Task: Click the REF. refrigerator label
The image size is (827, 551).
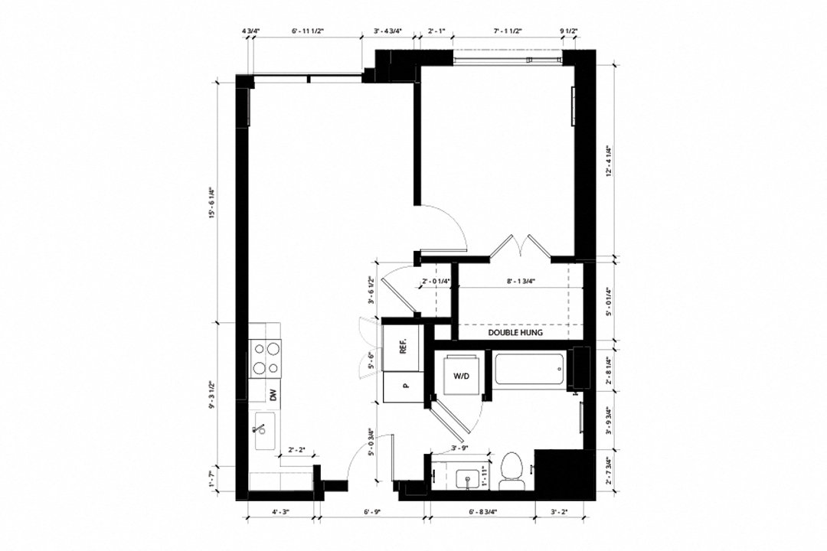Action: coord(402,347)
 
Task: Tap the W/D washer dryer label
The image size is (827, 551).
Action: coord(461,376)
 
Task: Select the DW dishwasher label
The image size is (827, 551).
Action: coord(272,395)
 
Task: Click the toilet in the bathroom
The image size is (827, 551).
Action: coord(511,469)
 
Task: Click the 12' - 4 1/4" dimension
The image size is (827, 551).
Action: coord(607,161)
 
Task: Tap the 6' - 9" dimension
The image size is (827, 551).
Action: coord(372,511)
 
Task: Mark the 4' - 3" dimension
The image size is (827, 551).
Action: coord(280,511)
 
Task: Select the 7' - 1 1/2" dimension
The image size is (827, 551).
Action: coord(508,31)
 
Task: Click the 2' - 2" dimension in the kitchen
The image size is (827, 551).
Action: coord(297,450)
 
